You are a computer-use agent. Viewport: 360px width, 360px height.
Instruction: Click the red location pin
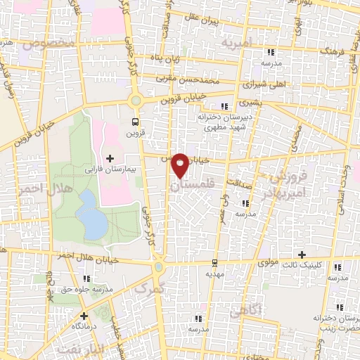181,164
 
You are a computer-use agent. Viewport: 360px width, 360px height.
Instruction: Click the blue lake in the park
92,214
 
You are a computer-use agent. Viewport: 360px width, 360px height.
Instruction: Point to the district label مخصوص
49,44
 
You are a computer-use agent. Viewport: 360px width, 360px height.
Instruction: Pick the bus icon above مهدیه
214,262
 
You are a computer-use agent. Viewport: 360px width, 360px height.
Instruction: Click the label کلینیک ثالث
302,266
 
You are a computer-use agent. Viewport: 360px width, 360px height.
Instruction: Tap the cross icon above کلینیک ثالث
302,255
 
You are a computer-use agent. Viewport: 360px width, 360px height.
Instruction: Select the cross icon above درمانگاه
84,316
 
